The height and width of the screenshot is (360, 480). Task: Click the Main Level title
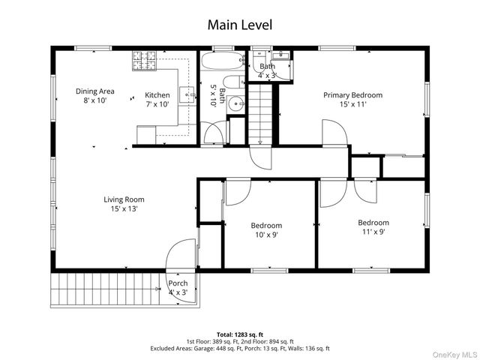tap(240, 25)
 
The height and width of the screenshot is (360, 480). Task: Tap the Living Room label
tap(124, 199)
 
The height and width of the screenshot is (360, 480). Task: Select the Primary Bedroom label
tap(353, 95)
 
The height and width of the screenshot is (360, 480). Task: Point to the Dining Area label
tap(95, 91)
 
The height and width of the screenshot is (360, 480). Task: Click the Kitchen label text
tap(157, 95)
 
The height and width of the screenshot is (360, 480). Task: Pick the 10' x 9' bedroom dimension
tap(266, 235)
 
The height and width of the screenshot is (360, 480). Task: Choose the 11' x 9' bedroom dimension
tap(373, 232)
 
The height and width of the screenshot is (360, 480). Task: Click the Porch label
tap(178, 283)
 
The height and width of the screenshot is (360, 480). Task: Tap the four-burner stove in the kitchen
tap(144, 61)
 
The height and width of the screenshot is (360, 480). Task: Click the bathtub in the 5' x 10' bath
tap(223, 61)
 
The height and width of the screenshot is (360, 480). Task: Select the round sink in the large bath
tap(236, 103)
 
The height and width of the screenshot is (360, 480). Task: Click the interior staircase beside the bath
tap(260, 114)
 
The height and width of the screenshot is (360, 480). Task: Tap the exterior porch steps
tap(106, 289)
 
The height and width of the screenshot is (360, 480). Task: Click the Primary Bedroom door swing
tap(334, 132)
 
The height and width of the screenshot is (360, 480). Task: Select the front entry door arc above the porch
tap(181, 255)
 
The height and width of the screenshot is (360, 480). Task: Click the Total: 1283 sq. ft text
tap(240, 334)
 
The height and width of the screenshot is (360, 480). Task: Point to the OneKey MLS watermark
tap(455, 355)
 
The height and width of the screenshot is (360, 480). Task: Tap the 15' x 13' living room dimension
tap(124, 208)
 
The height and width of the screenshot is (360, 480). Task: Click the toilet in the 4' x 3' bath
tap(259, 63)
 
